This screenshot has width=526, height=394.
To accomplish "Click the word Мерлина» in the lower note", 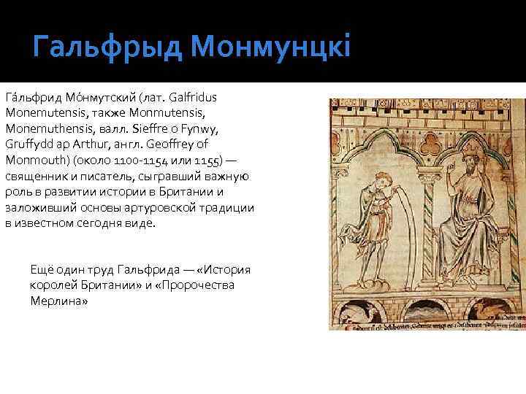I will click(x=58, y=300).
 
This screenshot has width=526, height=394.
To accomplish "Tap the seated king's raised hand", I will click(x=452, y=163).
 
